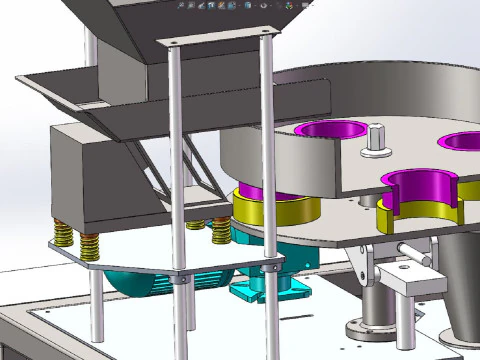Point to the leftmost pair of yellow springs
click(63, 238)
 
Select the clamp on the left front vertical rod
click(182, 277)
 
